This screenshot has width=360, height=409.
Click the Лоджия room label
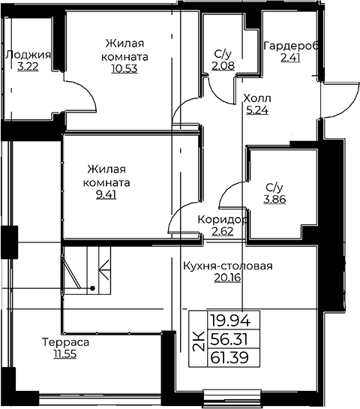[x=28, y=56]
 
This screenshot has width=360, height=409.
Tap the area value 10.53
[x=124, y=68]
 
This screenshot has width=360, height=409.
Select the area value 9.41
[x=106, y=194]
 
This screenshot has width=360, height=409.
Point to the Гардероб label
[x=291, y=47]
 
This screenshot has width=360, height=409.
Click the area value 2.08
[x=223, y=66]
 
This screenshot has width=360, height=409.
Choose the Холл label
[x=257, y=98]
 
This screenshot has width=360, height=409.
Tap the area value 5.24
[x=257, y=110]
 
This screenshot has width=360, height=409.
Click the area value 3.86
[x=274, y=200]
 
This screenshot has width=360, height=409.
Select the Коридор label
[x=223, y=220]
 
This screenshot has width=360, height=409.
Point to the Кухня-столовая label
[x=228, y=266]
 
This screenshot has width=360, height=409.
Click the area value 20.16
[x=227, y=278]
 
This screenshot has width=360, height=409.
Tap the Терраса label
[x=65, y=342]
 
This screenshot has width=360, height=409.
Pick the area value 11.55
[x=65, y=354]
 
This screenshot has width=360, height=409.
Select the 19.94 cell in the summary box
[x=230, y=320]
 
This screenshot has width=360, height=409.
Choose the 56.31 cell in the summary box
[x=229, y=339]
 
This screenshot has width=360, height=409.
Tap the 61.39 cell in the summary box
[x=229, y=358]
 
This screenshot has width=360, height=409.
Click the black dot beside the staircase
[x=92, y=288]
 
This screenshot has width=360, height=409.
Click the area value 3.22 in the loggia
[x=28, y=68]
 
